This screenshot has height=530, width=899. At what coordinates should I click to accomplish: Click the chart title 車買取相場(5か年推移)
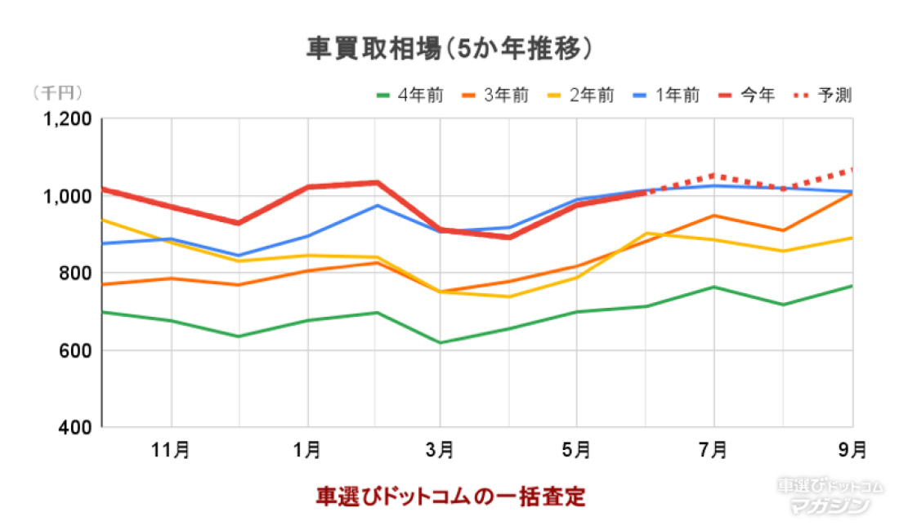(x=449, y=49)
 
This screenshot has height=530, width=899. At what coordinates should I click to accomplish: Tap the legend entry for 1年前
(x=667, y=96)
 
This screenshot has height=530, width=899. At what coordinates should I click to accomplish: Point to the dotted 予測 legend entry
(x=824, y=96)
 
